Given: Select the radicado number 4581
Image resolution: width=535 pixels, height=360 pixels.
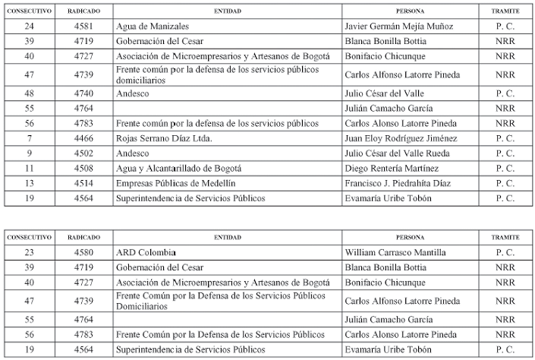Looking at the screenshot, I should pyautogui.click(x=84, y=27).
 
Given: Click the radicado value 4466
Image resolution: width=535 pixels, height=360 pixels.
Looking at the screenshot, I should pyautogui.click(x=84, y=138).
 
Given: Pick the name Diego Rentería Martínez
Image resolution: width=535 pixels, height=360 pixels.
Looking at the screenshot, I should pyautogui.click(x=392, y=168).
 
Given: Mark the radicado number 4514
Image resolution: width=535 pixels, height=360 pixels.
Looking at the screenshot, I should pyautogui.click(x=84, y=183).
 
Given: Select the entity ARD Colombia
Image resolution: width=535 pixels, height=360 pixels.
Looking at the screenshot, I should pyautogui.click(x=146, y=252).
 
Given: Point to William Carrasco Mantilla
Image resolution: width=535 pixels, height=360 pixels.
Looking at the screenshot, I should pyautogui.click(x=395, y=252).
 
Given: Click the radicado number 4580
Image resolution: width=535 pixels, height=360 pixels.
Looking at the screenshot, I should pyautogui.click(x=84, y=252).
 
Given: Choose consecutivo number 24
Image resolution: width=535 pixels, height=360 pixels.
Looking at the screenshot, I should pyautogui.click(x=30, y=27).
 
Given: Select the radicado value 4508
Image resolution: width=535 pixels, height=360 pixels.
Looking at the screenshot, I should pyautogui.click(x=84, y=168).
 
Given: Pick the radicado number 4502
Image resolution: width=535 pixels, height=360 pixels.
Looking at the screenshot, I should pyautogui.click(x=84, y=153).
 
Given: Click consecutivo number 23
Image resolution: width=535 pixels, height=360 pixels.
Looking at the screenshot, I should pyautogui.click(x=30, y=252).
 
